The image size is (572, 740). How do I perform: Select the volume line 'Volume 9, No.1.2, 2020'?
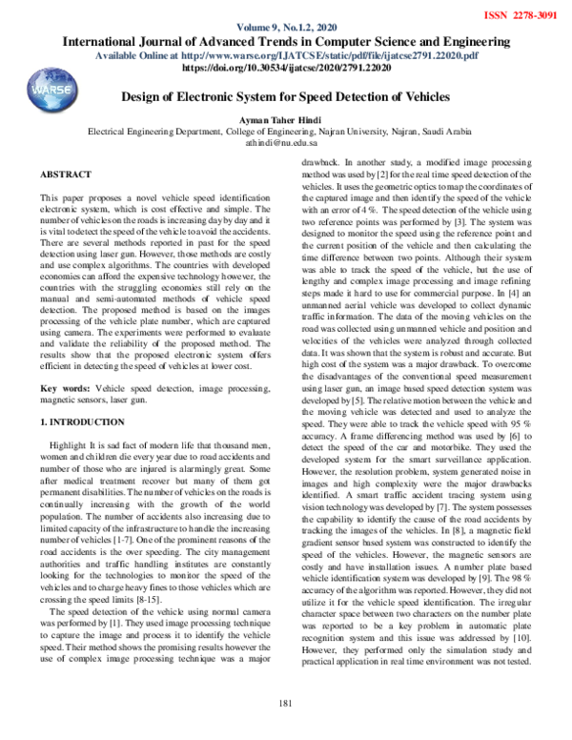tap(285, 28)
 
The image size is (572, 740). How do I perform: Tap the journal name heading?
tap(285, 42)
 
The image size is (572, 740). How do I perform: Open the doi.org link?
tap(285, 70)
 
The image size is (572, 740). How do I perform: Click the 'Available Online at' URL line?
tap(285, 56)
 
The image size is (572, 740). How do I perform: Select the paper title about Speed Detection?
tap(285, 97)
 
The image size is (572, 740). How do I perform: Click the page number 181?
tap(285, 705)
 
